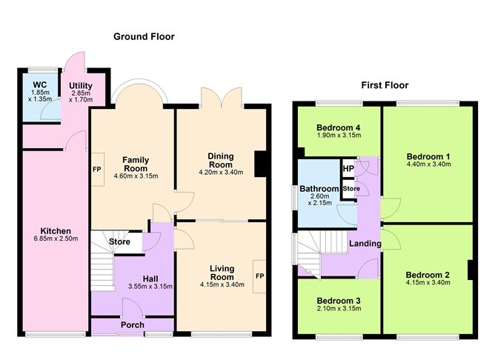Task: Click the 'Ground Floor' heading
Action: pos(143,36)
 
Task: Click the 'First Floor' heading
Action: pos(385,85)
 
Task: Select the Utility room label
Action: pos(81,86)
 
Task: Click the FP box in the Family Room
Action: pos(97,168)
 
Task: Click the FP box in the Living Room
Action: pos(259,276)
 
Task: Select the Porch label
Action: pos(133,324)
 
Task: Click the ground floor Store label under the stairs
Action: pos(119,241)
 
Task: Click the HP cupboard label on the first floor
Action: pos(348,169)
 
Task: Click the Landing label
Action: pos(365,244)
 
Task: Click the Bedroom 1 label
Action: pos(428,156)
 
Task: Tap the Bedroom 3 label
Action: pos(337,300)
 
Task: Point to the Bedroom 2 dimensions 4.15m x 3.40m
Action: pos(427,282)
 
